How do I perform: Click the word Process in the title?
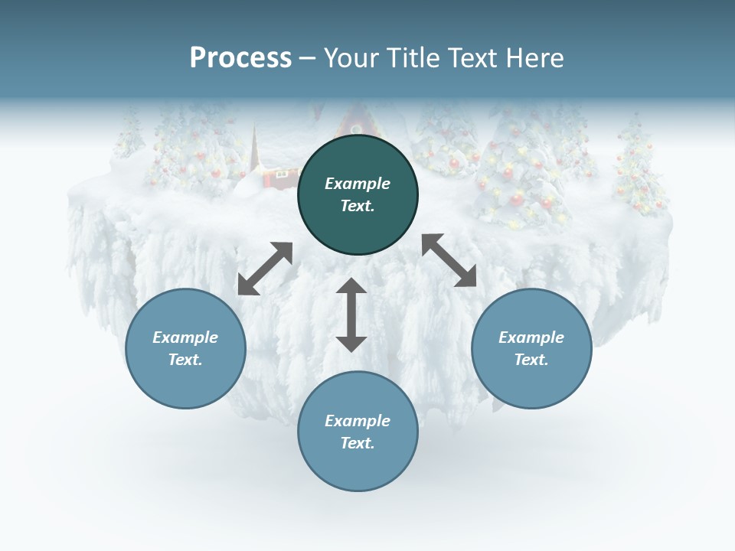tap(240, 57)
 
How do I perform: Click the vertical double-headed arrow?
tap(351, 315)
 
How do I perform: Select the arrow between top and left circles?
tap(265, 269)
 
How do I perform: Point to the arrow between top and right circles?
tap(449, 260)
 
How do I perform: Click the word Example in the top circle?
tap(358, 184)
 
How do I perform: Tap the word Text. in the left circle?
tap(185, 360)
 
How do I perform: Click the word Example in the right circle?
tap(531, 337)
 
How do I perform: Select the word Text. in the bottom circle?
tap(358, 443)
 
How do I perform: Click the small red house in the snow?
tap(280, 177)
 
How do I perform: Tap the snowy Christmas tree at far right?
tap(635, 165)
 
